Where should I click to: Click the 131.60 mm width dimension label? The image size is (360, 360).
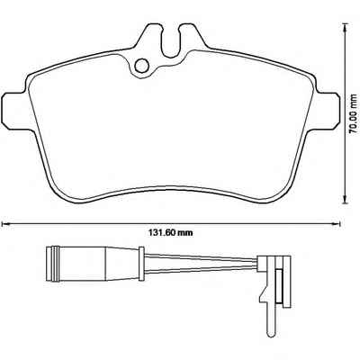pyautogui.click(x=171, y=232)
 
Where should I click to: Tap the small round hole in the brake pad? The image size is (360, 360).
pyautogui.click(x=141, y=66)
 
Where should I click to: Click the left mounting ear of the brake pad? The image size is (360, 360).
pyautogui.click(x=14, y=107)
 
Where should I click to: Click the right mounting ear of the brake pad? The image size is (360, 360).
pyautogui.click(x=328, y=107)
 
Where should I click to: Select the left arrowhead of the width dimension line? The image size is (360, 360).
pyautogui.click(x=5, y=223)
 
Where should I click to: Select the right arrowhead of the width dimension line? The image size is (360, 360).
pyautogui.click(x=337, y=223)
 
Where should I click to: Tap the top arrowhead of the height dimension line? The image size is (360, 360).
pyautogui.click(x=346, y=29)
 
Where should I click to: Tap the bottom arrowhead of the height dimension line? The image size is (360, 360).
pyautogui.click(x=346, y=199)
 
